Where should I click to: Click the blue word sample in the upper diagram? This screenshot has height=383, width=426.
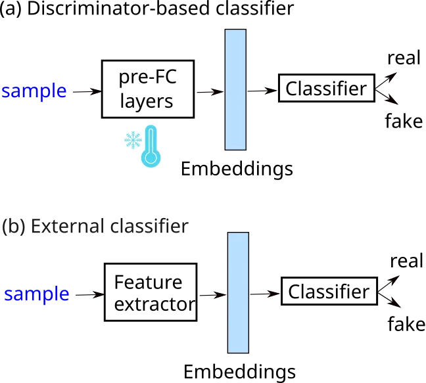point(34,91)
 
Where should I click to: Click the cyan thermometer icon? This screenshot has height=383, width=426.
point(151,145)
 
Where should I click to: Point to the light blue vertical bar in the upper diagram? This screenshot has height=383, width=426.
point(235,89)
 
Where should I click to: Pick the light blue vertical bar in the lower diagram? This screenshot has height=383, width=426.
point(238,293)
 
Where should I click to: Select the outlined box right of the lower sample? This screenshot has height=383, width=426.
point(149,292)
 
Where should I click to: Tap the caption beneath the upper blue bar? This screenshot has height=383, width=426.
point(236,169)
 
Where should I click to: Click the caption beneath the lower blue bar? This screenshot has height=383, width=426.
point(241,371)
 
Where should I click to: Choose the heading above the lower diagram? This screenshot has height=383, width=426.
point(96,227)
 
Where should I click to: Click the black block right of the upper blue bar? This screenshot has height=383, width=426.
point(322,89)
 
